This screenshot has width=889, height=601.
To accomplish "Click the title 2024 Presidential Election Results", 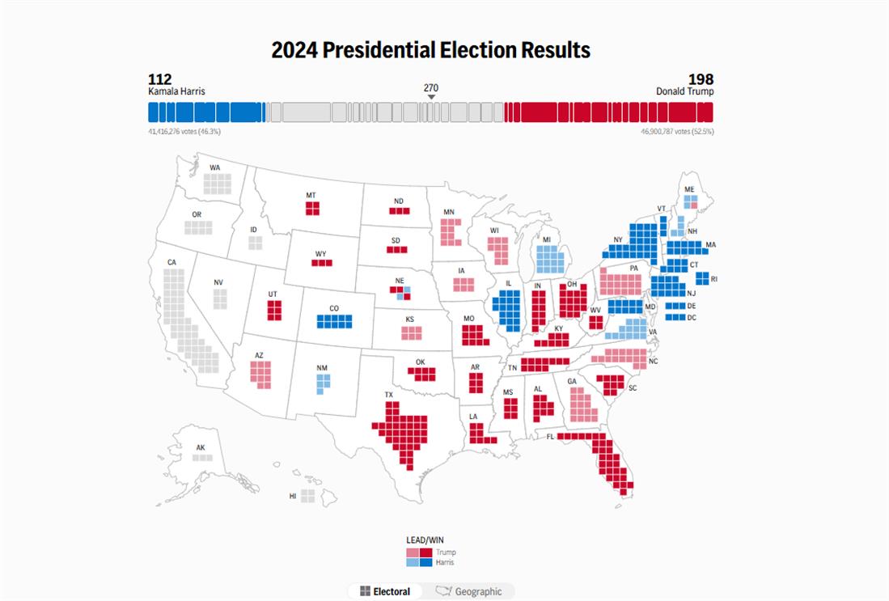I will (430, 50).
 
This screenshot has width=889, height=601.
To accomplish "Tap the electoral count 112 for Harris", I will (159, 78).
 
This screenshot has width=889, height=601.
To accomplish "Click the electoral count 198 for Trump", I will (701, 78).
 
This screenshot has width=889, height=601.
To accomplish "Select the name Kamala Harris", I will (176, 91).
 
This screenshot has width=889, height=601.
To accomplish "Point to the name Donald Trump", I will (684, 91).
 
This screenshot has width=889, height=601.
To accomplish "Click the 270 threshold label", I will (431, 87).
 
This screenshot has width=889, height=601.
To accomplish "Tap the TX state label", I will (388, 396).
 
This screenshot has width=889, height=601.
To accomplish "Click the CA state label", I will (171, 262).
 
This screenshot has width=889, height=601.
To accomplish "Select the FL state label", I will (549, 436).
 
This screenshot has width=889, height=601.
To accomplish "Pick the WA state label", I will (214, 167).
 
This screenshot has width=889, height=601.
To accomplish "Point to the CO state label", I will (333, 308).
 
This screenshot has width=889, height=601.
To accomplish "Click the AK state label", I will (201, 447).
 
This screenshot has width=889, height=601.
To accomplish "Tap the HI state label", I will (293, 496).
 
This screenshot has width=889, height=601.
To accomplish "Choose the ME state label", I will (689, 189).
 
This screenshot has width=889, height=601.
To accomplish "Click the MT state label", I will (311, 195).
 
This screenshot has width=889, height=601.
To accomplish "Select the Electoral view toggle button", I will (385, 591).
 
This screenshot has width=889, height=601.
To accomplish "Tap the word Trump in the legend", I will (446, 552).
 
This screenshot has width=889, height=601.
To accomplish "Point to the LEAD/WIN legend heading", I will (425, 540).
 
